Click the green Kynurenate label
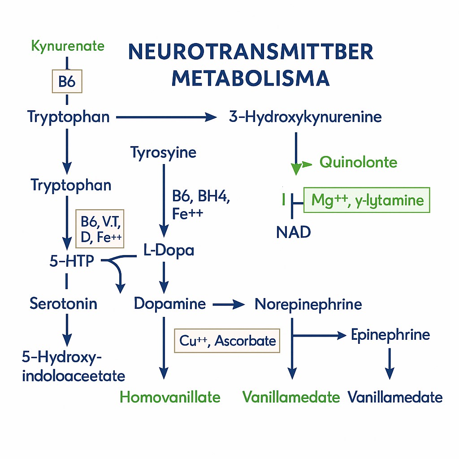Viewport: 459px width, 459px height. [x=68, y=46]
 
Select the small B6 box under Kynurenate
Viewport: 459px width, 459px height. [x=68, y=81]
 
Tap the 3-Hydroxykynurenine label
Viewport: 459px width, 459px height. [x=305, y=117]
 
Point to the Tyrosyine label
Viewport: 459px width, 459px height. [x=164, y=152]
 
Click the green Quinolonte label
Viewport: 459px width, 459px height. [x=358, y=162]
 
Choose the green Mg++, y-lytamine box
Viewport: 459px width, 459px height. [x=367, y=199]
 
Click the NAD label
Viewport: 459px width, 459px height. [x=294, y=232]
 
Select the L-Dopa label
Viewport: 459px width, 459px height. [x=169, y=250]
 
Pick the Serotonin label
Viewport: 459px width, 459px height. [x=63, y=304]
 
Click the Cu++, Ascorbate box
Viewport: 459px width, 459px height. [x=227, y=341]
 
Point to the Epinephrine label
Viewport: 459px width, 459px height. [x=390, y=335]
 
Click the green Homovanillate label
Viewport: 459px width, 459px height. [x=170, y=397]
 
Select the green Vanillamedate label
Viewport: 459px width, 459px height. [x=291, y=397]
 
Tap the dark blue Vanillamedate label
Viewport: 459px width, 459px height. [x=395, y=397]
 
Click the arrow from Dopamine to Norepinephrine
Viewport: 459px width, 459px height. [x=229, y=305]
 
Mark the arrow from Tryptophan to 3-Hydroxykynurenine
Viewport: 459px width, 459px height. [x=166, y=118]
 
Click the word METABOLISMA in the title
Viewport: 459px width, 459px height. [x=251, y=78]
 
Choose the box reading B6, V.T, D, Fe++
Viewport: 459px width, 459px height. [x=100, y=228]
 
